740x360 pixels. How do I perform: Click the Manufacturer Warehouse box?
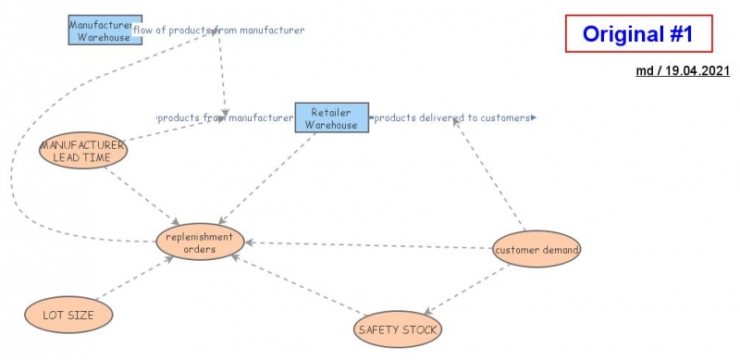[105, 30]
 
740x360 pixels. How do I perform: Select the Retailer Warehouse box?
[331, 118]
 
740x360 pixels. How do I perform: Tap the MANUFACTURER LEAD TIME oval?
[83, 151]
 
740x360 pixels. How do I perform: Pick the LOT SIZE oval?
[68, 315]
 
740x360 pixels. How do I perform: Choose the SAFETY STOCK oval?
[398, 329]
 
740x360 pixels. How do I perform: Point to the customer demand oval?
[536, 249]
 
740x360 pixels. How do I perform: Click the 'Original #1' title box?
[638, 34]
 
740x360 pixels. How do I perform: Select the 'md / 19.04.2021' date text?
[683, 70]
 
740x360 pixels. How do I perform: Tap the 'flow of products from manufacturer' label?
[219, 30]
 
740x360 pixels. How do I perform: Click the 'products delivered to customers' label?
[452, 118]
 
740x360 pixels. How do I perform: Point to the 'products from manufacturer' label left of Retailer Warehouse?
[225, 118]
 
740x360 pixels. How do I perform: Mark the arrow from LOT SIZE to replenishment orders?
[134, 279]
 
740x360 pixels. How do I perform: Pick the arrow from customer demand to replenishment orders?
[370, 245]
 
